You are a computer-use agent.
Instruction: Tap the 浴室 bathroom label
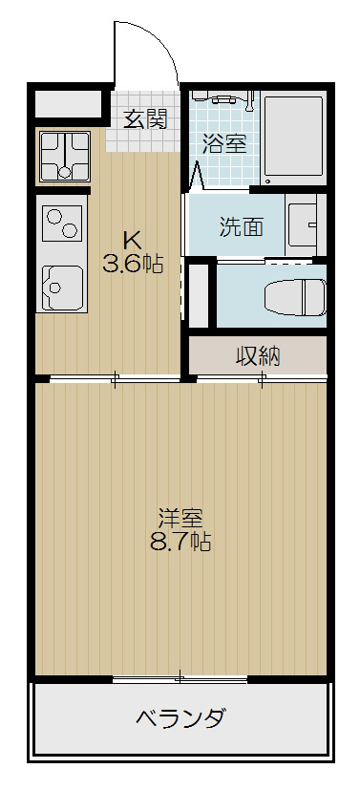225,144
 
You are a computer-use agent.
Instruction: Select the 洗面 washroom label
242,227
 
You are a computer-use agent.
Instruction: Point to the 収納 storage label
258,356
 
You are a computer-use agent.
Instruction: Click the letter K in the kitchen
133,240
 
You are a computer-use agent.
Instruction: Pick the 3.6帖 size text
133,265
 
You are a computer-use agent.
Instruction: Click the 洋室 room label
180,520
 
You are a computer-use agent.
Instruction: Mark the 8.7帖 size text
180,544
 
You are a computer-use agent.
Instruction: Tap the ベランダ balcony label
180,718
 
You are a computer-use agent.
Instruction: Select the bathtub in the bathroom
294,139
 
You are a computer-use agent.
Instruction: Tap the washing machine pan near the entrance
63,157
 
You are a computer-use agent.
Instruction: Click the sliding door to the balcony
180,679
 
